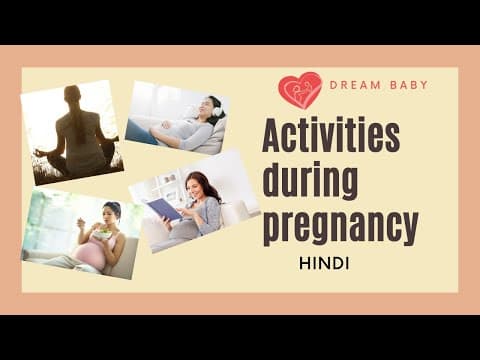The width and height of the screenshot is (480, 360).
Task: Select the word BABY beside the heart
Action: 409,85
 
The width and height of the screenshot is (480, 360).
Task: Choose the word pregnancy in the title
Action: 339,228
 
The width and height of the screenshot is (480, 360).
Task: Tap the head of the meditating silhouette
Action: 72,95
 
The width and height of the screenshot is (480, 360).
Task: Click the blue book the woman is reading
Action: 163,208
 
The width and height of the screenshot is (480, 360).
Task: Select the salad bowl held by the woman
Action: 101,232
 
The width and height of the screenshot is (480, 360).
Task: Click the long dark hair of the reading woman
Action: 209,188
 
